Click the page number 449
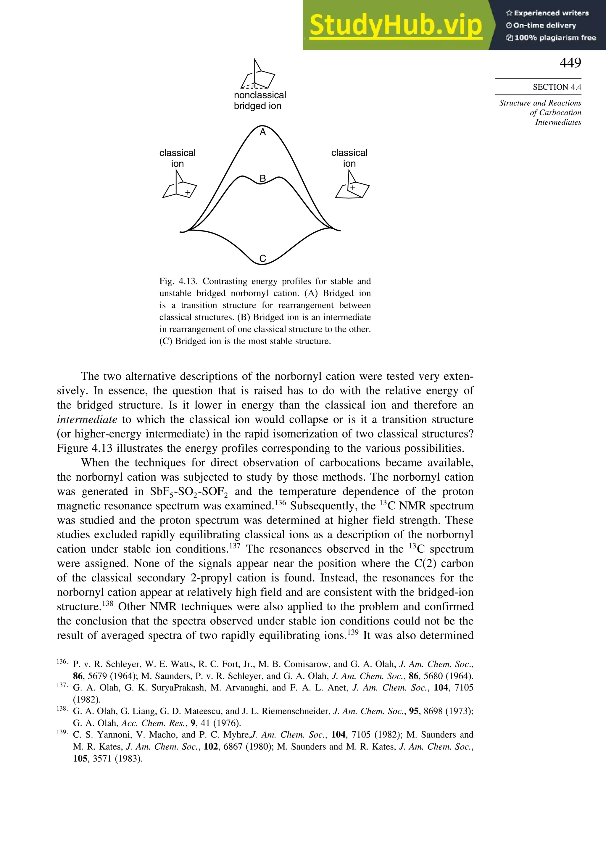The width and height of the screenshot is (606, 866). (x=570, y=63)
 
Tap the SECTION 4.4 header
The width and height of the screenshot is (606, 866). (x=557, y=87)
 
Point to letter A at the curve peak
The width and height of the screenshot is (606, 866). (x=263, y=132)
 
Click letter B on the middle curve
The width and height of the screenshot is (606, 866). (x=263, y=178)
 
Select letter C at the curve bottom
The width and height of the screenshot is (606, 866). (x=263, y=259)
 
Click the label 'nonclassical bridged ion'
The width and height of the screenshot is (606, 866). (x=260, y=100)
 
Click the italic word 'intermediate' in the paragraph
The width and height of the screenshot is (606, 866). (x=87, y=419)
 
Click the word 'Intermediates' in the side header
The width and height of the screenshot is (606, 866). (x=558, y=122)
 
